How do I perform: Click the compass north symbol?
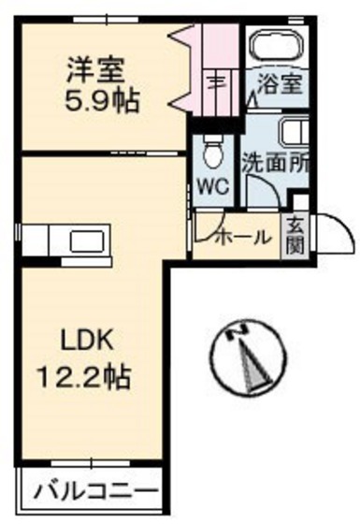click(x=247, y=359)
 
